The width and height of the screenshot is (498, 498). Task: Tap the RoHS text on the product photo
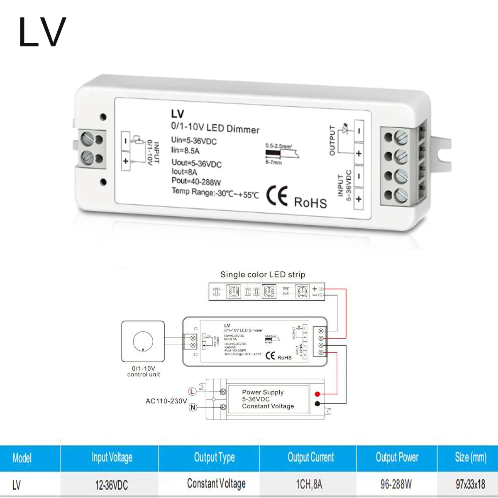point(310,203)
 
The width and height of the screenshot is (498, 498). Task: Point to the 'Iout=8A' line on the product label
point(184,172)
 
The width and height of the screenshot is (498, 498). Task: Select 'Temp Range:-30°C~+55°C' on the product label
point(215,193)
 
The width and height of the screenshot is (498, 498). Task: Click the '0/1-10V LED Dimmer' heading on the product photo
point(215,127)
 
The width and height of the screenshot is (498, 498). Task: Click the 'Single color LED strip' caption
point(262,274)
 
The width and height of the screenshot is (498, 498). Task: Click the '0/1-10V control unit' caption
point(144,371)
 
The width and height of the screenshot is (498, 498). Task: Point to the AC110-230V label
point(166,401)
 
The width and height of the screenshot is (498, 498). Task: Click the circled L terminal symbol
point(192,391)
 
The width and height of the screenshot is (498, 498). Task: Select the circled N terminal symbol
point(193,407)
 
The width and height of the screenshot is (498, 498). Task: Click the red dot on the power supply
point(317,394)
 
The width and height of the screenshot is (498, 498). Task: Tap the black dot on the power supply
point(317,404)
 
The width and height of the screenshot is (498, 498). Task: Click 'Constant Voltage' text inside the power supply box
point(268,406)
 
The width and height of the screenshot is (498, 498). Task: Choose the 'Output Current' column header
point(311,457)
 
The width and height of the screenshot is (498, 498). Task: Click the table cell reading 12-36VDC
point(112,485)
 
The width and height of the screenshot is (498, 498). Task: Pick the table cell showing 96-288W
point(396,484)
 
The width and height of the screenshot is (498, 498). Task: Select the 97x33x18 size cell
point(470,484)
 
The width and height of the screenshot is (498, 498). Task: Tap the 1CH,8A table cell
point(309,484)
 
